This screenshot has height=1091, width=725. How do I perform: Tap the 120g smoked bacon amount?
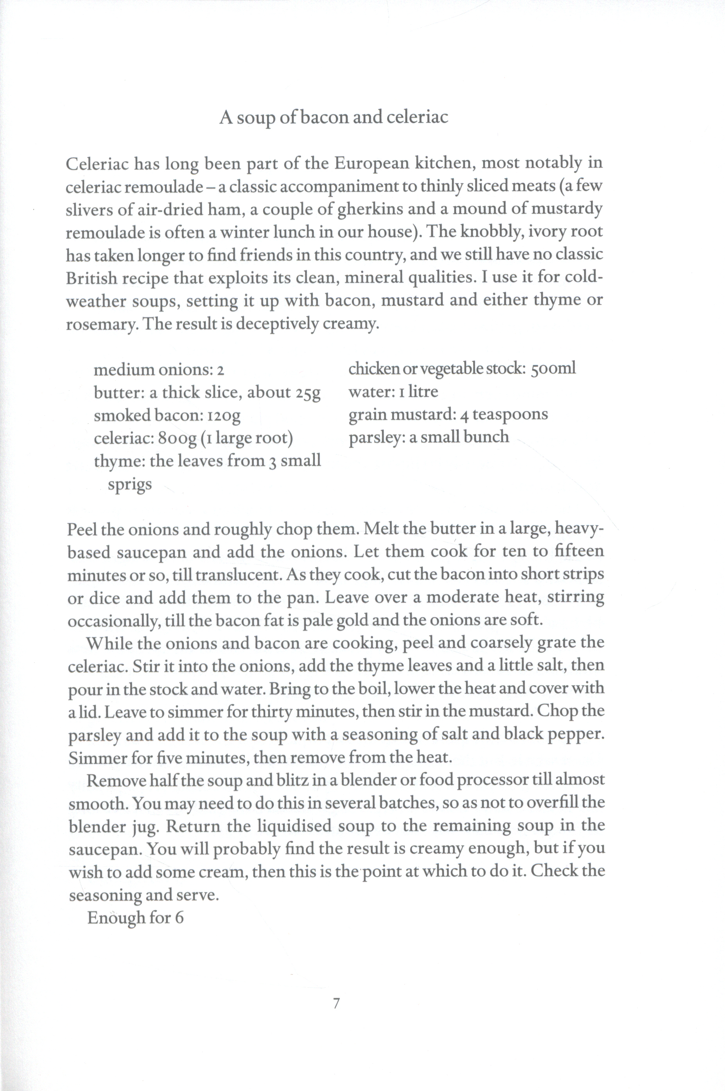[x=224, y=415]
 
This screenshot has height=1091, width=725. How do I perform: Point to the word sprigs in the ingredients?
[x=129, y=484]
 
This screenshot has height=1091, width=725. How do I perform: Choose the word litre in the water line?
[x=423, y=392]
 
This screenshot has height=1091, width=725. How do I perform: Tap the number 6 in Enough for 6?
[x=179, y=917]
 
